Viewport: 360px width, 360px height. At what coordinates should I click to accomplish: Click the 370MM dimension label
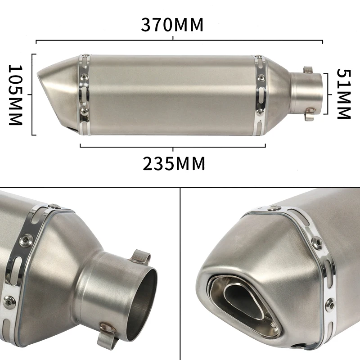pyautogui.click(x=172, y=24)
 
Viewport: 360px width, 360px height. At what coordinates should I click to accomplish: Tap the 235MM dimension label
pyautogui.click(x=174, y=164)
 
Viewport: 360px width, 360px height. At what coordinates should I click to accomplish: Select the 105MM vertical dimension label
pyautogui.click(x=16, y=95)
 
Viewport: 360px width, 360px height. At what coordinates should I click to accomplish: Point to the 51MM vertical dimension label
pyautogui.click(x=344, y=94)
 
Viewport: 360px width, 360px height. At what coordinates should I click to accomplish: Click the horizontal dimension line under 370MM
pyautogui.click(x=179, y=41)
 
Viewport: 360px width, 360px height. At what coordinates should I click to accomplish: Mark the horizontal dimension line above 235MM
pyautogui.click(x=173, y=145)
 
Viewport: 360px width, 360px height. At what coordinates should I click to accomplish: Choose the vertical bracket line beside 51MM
pyautogui.click(x=327, y=94)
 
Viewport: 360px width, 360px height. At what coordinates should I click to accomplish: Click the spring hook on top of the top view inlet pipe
pyautogui.click(x=308, y=70)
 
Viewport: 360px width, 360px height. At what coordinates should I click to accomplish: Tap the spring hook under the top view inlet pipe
pyautogui.click(x=309, y=114)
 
